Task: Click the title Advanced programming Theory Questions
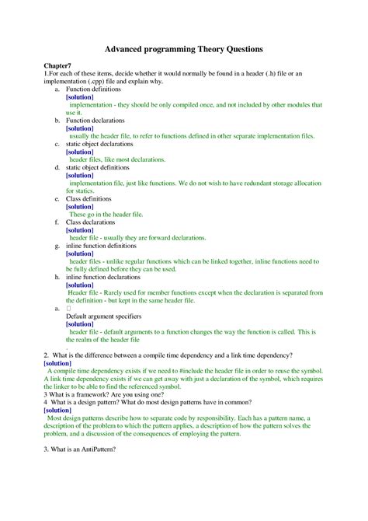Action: [x=183, y=49]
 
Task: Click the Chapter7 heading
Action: [x=59, y=68]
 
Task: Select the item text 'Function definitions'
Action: [x=94, y=89]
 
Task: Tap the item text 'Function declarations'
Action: [x=95, y=121]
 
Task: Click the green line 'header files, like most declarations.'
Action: [x=116, y=159]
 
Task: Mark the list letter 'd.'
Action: [x=57, y=167]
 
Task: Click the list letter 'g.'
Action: [x=57, y=245]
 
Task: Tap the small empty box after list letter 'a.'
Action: [x=68, y=308]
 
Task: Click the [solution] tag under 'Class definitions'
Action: [x=80, y=206]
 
